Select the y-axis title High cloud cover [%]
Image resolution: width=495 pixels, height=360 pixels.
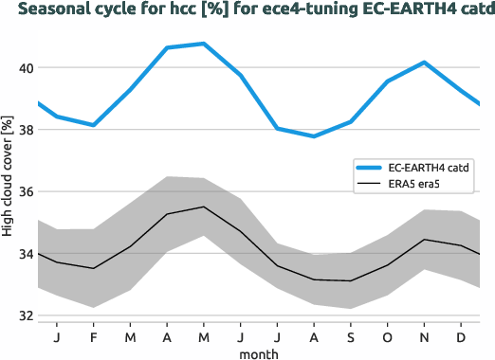click(8, 177)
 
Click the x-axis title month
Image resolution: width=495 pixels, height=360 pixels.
click(259, 352)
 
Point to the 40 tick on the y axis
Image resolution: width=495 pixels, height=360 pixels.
click(24, 68)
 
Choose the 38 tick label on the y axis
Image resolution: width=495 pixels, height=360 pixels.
click(24, 130)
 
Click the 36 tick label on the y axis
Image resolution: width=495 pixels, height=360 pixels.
click(24, 191)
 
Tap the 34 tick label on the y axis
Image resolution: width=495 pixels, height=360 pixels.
click(24, 254)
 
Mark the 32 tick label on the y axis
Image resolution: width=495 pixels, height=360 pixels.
click(24, 315)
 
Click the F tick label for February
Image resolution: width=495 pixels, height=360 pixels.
click(94, 336)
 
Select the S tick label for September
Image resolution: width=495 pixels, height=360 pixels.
click(351, 336)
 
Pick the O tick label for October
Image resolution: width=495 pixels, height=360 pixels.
click(388, 336)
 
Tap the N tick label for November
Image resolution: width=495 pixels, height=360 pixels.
click(425, 336)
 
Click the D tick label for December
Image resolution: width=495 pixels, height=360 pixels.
click(462, 336)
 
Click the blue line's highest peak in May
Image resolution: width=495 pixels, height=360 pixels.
click(204, 44)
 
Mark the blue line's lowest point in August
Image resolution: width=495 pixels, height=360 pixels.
click(315, 136)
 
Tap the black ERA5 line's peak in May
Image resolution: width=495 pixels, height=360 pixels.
click(204, 207)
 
